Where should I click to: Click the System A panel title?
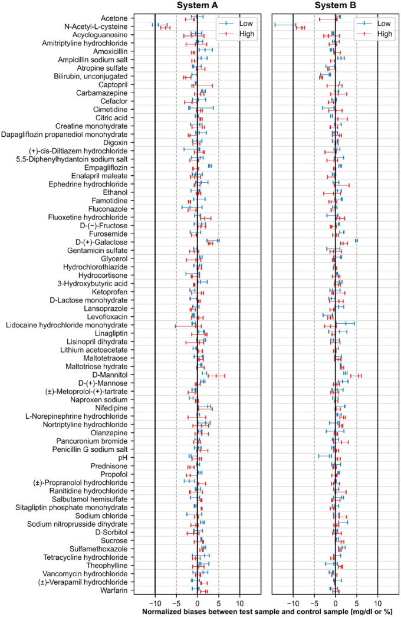coord(197,5)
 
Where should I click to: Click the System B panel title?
coord(335,5)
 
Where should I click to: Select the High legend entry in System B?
coord(377,34)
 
